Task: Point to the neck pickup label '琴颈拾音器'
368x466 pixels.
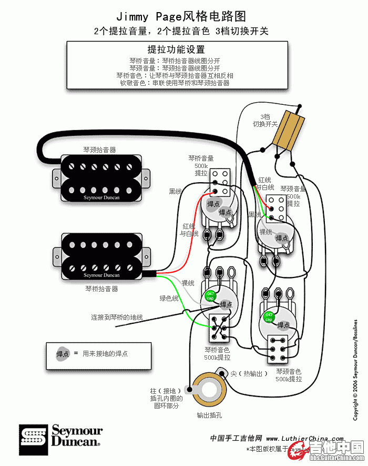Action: [x=100, y=150]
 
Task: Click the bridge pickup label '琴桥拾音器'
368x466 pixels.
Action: [x=101, y=289]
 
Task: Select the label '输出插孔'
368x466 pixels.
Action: [x=209, y=415]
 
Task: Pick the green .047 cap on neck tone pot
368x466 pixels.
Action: [x=269, y=318]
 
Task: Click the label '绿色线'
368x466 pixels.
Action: [x=169, y=299]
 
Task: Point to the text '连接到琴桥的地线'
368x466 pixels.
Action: [x=117, y=317]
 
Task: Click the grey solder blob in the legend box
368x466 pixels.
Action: [x=63, y=354]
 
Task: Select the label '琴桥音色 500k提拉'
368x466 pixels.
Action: [x=217, y=353]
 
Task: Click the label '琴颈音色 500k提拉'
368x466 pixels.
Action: [x=289, y=375]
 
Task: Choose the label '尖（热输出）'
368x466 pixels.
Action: [x=249, y=373]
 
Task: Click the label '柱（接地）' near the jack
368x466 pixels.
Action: [x=166, y=391]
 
